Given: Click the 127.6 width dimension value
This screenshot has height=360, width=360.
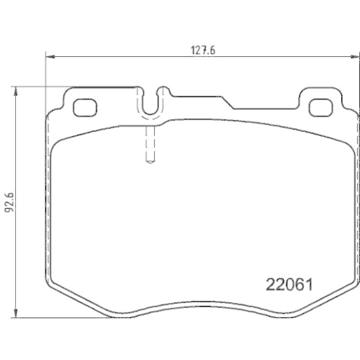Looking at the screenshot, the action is click(203, 50).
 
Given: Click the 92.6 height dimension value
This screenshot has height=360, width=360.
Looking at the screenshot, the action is click(9, 202).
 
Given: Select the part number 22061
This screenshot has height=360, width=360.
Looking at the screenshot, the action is click(289, 285).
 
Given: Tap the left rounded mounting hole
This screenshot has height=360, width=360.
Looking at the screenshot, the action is click(85, 107).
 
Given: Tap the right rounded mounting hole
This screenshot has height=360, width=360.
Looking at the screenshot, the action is click(320, 107).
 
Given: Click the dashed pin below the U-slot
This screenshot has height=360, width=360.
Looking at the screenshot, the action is click(150, 144).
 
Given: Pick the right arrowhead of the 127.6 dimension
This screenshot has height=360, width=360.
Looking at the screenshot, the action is click(355, 57).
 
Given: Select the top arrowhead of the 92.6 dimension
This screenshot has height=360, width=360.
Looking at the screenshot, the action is click(16, 91).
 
